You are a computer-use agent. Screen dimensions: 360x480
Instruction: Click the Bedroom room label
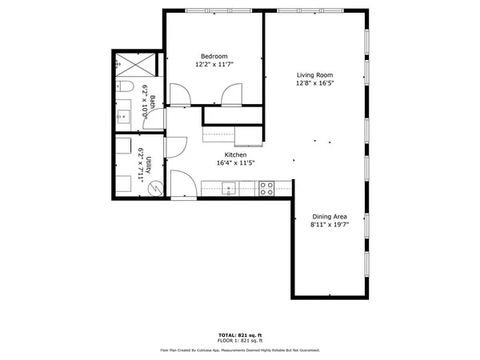pos(215,55)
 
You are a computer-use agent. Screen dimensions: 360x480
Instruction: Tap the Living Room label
pos(314,74)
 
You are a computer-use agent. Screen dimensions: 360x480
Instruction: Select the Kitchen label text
pos(234,154)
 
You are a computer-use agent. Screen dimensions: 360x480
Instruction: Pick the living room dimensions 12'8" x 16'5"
pos(314,82)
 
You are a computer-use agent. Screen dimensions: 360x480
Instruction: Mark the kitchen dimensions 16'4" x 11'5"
pos(234,163)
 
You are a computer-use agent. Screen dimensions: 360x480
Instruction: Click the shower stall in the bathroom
pos(128,62)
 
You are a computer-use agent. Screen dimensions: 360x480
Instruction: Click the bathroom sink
pos(123,117)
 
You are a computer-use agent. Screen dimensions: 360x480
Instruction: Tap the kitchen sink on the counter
pos(228,190)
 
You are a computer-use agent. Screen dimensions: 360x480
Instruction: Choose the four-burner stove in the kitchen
pos(267,190)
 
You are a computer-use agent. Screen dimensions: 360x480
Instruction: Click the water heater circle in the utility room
pos(157,189)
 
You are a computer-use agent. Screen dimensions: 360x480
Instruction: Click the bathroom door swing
pos(178,96)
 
